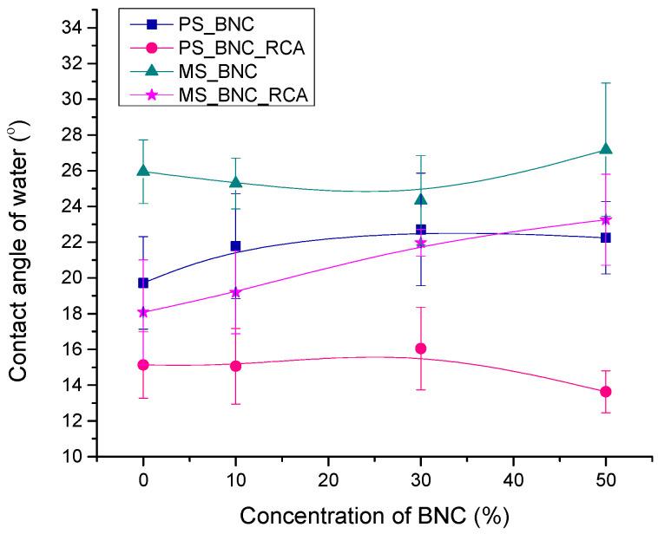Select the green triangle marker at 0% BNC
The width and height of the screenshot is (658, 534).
143,171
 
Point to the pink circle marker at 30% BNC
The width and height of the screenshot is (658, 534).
421,348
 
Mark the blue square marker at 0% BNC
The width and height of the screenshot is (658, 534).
143,283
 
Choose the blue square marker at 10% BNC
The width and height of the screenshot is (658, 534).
235,246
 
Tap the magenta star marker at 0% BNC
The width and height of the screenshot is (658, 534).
143,312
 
